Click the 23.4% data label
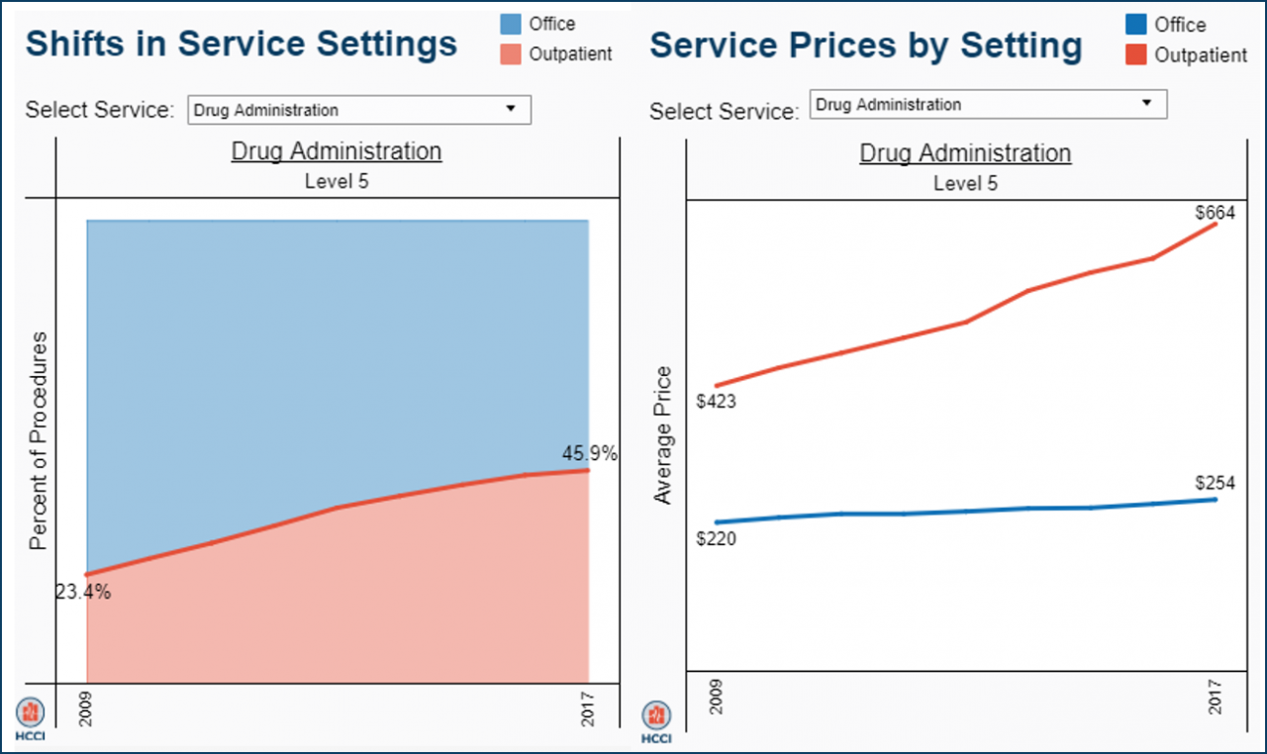point(83,593)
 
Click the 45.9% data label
point(589,454)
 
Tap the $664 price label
point(1215,213)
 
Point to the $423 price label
point(716,402)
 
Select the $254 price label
point(1215,483)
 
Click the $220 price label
point(716,539)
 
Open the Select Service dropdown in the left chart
point(359,110)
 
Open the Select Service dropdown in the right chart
point(988,104)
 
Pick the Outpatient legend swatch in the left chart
point(511,54)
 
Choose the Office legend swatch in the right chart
point(1136,25)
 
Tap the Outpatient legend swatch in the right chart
point(1136,55)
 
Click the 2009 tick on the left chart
point(85,708)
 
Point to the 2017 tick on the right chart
point(1215,698)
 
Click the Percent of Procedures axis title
point(39,440)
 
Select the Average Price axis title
point(663,435)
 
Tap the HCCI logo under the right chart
point(655,720)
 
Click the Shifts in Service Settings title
point(242,44)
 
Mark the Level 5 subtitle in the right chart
point(965,184)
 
